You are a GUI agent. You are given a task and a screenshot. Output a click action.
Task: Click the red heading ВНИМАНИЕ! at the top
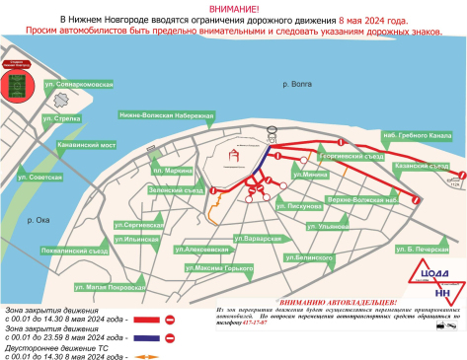(234, 8)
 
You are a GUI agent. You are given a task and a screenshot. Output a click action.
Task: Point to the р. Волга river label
(295, 87)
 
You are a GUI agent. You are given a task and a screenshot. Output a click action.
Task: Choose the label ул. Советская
(40, 177)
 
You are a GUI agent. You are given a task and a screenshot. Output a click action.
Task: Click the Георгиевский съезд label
(349, 155)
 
